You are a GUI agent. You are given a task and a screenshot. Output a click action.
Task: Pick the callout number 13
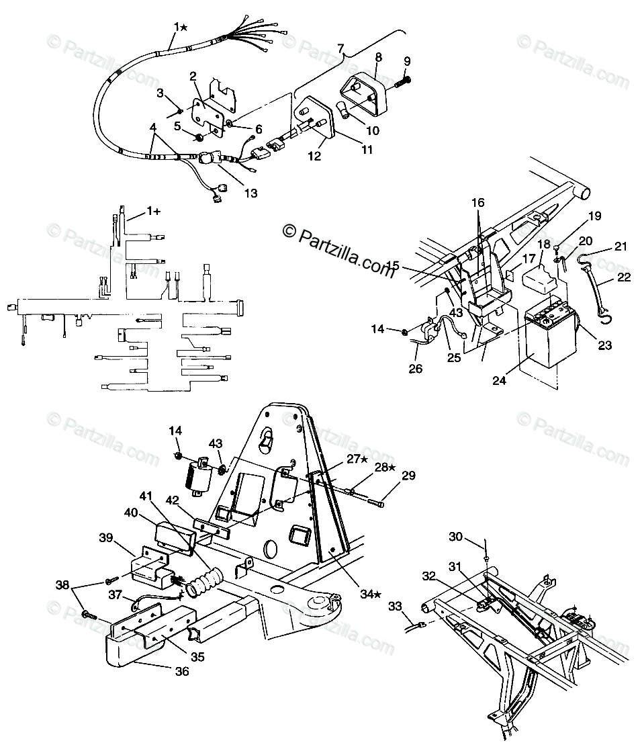(250, 193)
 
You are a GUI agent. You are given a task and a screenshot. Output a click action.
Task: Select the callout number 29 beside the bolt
(408, 476)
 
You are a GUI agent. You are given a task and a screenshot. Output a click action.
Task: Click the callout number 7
(340, 48)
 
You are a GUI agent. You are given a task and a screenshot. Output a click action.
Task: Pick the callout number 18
(543, 244)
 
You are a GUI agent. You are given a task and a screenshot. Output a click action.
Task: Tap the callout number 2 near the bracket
(193, 76)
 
